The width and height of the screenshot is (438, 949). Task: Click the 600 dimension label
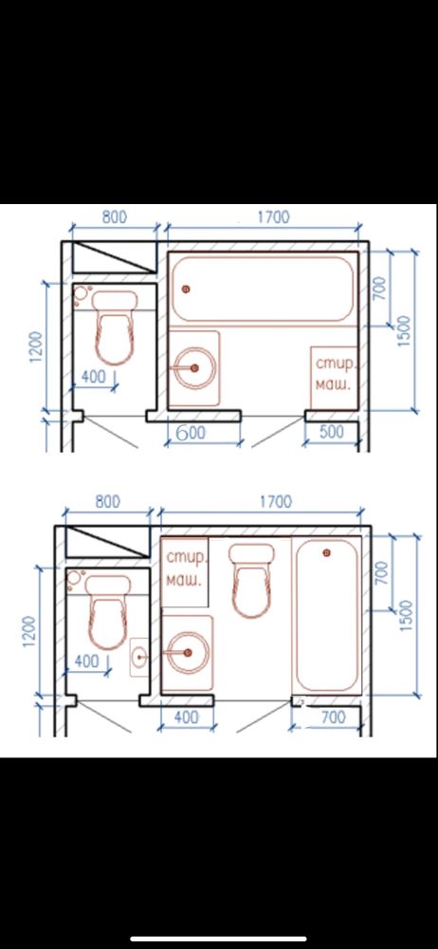pos(192,433)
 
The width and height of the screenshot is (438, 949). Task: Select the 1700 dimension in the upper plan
pos(273,216)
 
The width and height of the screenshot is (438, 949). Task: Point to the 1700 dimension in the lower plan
pos(275,502)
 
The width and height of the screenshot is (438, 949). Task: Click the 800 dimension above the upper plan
pos(115,216)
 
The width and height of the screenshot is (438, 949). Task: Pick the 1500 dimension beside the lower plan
pos(406,616)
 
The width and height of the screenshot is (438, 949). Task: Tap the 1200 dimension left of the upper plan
pos(36,346)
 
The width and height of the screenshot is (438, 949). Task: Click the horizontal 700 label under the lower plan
pos(333,717)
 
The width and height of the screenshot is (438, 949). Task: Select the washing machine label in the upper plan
pos(334,375)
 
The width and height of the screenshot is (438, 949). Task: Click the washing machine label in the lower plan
pos(184,568)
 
